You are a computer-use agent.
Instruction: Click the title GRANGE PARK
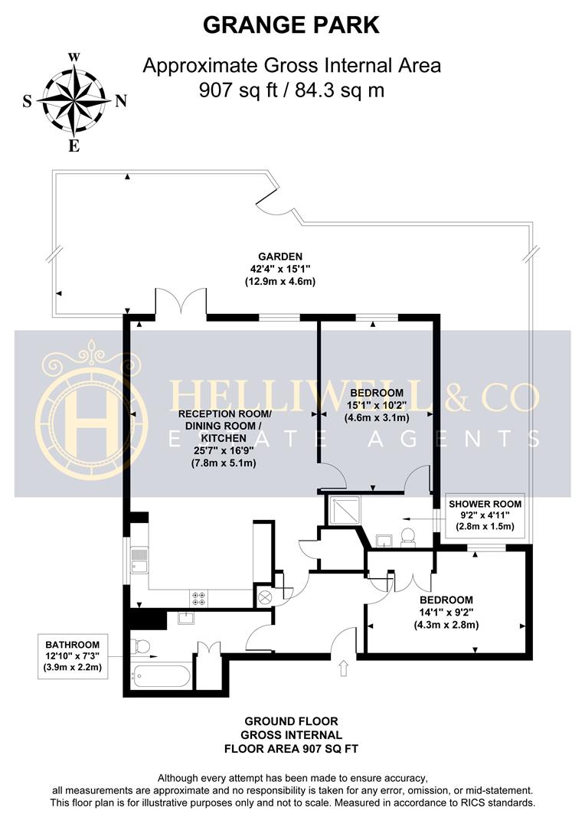291,25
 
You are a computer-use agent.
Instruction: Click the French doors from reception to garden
181,303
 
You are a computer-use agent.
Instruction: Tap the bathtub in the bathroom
161,676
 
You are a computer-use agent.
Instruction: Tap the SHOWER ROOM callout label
485,504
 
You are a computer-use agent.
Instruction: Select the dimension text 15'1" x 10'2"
375,405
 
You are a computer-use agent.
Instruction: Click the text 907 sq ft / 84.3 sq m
291,90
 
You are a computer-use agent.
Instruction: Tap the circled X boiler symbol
266,597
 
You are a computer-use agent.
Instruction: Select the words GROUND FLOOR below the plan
291,721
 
